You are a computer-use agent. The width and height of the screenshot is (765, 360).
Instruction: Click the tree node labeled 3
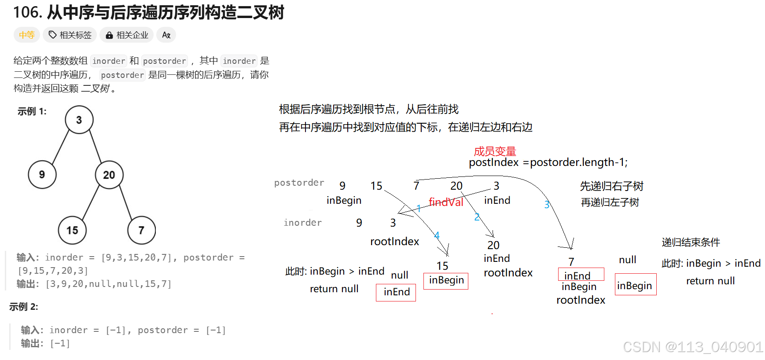tap(79, 120)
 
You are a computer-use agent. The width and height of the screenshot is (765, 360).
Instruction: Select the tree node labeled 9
tap(42, 174)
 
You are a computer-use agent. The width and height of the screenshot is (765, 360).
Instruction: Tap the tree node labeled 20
tap(109, 175)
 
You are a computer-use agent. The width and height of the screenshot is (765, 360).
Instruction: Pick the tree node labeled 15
tap(72, 230)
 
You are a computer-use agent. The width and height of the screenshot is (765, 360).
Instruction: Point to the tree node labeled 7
tap(141, 230)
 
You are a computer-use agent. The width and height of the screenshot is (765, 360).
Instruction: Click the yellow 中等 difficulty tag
tap(27, 35)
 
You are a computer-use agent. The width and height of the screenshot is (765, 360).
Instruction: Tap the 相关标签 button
tap(70, 35)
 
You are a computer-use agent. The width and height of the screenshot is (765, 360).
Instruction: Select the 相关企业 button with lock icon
tap(127, 35)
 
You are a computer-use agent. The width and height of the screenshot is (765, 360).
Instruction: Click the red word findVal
tap(446, 202)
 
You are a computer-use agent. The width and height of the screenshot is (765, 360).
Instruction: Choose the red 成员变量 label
tap(495, 151)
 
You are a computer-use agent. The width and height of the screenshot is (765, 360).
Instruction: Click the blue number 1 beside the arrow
tap(419, 208)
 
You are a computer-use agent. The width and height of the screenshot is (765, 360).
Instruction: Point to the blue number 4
tap(437, 235)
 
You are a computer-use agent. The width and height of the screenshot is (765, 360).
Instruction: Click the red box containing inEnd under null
tap(396, 292)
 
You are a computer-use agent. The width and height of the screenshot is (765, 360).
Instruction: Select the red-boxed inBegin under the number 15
tap(446, 280)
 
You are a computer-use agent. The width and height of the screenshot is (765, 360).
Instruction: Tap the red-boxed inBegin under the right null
tap(635, 286)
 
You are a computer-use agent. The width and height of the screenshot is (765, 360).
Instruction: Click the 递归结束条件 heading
tap(691, 242)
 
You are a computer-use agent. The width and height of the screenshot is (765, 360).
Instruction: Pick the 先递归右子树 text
tap(611, 186)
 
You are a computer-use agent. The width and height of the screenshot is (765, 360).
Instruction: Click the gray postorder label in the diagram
tap(299, 183)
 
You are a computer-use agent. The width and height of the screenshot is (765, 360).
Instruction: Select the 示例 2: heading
tap(24, 307)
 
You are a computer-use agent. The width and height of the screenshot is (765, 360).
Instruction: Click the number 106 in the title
tap(27, 12)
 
